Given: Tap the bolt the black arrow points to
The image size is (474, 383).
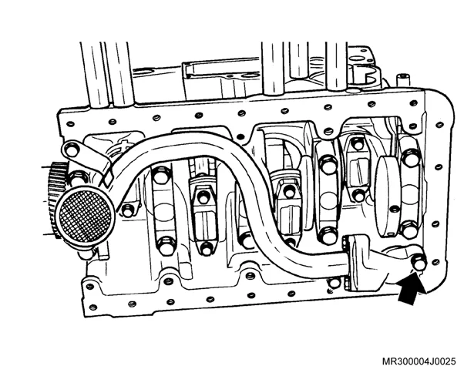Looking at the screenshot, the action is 419,264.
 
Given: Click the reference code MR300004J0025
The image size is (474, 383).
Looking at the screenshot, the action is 419,361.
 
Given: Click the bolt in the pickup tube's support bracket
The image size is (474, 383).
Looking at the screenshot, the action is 71,150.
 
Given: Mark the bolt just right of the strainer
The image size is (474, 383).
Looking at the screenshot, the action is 128,210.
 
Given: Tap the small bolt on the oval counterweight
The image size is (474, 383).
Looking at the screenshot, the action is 395,209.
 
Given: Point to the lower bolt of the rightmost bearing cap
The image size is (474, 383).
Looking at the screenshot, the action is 409,230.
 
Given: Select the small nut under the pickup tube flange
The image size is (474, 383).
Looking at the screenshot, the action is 334,283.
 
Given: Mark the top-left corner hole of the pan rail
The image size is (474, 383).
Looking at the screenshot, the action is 70,124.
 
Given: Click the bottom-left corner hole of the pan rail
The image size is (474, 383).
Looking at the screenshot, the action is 92,307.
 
